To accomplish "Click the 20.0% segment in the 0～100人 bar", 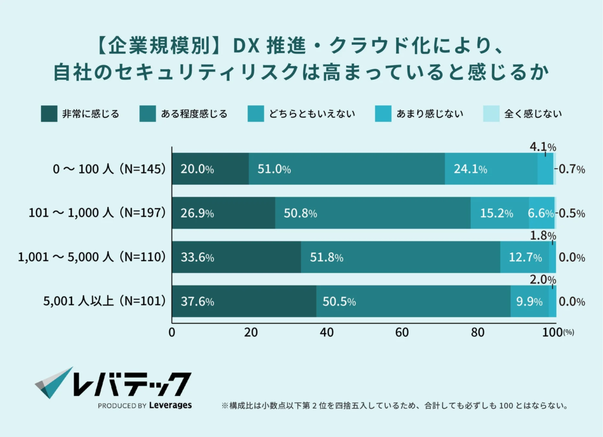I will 210,169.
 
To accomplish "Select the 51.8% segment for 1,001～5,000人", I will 400,257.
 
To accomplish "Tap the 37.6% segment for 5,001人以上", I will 244,302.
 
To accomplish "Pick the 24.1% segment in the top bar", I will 490,169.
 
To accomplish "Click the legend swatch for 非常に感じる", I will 49,114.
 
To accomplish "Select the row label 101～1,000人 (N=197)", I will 97,213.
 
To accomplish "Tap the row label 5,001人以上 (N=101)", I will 104,302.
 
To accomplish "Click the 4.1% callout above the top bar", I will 542,146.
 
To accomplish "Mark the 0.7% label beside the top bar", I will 572,169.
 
